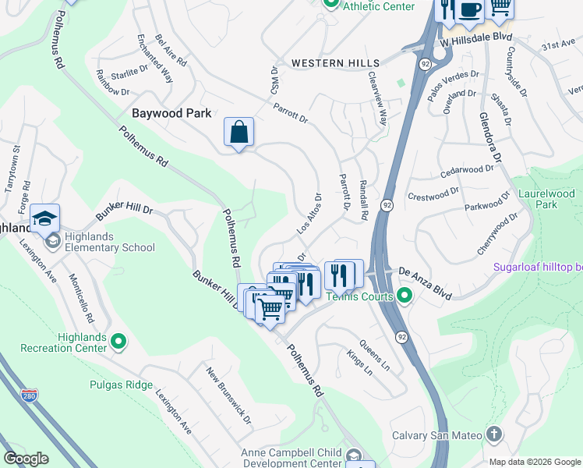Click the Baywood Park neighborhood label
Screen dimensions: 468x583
pos(171,113)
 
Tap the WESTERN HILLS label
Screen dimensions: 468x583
pos(335,63)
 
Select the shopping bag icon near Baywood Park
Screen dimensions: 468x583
pos(238,132)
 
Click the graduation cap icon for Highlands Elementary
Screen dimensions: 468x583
pos(44,220)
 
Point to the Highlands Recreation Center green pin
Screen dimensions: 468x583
pos(118,340)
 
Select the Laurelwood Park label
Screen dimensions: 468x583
pos(546,199)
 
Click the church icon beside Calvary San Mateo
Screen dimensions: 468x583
pos(493,434)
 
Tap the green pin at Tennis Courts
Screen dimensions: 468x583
pos(404,295)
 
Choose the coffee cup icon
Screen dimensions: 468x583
pos(469,9)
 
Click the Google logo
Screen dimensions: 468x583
pos(26,459)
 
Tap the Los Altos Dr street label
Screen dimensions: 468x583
pos(309,213)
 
